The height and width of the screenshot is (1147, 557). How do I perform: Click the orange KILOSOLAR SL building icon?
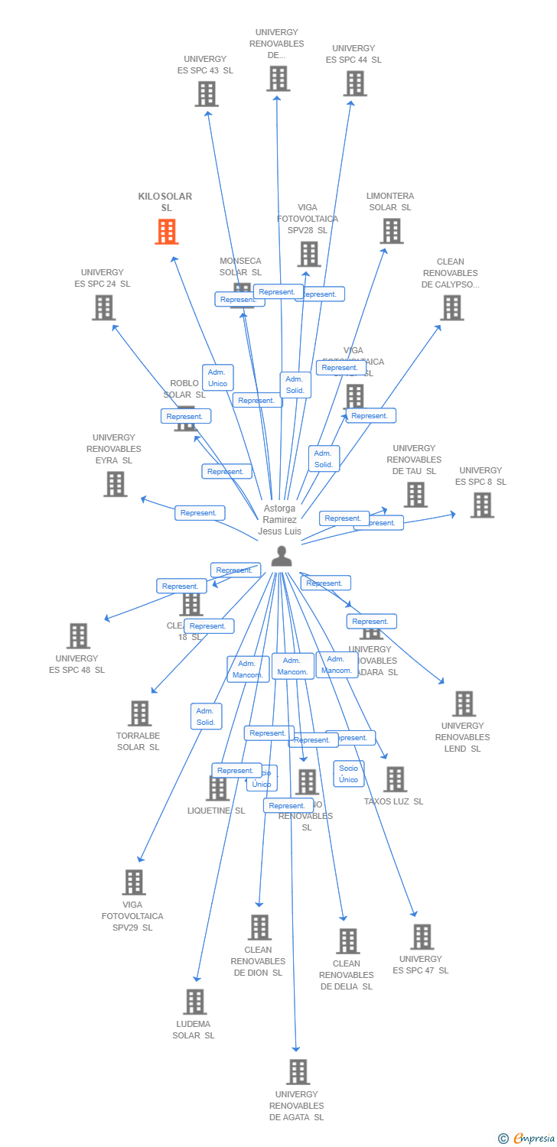[167, 231]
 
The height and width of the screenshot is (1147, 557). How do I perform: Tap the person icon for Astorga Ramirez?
[282, 557]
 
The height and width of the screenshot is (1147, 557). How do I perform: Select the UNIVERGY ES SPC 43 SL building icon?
[207, 94]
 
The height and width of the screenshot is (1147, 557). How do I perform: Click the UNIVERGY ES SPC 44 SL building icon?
[355, 83]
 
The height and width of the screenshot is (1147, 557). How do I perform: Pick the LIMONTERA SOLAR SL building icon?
[392, 231]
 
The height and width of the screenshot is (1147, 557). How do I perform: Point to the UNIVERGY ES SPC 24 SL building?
[104, 307]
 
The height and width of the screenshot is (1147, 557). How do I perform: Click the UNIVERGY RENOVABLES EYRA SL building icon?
[115, 484]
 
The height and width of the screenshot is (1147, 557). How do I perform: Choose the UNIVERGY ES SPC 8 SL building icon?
[482, 505]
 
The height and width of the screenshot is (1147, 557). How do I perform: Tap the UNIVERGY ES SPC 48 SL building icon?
[78, 635]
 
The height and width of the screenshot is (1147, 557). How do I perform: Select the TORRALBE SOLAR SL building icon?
[139, 713]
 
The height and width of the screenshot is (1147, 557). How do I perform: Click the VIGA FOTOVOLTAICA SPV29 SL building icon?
[134, 882]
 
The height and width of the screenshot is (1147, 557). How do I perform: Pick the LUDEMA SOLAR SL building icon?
[195, 1002]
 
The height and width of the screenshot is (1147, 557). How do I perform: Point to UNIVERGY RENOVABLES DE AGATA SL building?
[298, 1072]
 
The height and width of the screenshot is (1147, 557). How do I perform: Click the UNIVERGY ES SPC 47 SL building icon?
[422, 937]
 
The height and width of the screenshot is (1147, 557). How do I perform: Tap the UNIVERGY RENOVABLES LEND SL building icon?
[464, 703]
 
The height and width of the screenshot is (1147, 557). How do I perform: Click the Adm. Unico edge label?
[217, 378]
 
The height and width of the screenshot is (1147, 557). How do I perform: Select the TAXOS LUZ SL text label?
[393, 801]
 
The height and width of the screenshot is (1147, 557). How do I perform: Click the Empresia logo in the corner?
[528, 1138]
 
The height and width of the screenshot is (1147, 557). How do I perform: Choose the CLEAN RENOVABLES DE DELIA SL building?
[348, 941]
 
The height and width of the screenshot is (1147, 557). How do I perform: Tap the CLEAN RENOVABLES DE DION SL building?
[259, 928]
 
